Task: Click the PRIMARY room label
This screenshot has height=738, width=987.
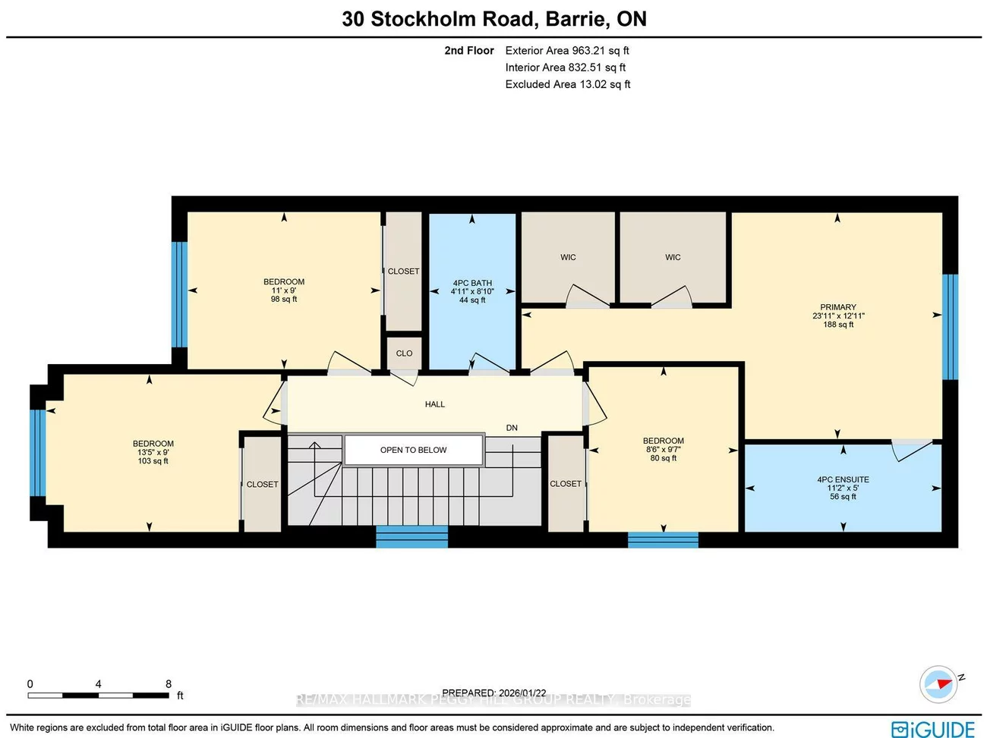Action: coord(838,307)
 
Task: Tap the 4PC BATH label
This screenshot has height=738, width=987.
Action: coord(472,283)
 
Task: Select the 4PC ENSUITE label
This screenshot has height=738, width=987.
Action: coord(843,479)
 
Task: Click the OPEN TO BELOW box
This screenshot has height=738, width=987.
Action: coord(414,450)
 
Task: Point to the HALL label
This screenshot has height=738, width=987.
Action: coord(435,404)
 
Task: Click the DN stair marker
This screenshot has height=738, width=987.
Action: coord(512,428)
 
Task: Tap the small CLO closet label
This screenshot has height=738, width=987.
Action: coord(404,353)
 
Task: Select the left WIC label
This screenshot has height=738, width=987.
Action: coord(568,257)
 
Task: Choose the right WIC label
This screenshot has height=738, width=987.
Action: coord(673,257)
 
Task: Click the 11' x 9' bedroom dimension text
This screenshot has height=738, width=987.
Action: coord(284,290)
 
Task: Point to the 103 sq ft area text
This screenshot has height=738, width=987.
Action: coord(153,461)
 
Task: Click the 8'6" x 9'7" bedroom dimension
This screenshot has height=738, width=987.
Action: coord(664,449)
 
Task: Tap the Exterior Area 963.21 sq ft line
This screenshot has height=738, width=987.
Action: coord(567,51)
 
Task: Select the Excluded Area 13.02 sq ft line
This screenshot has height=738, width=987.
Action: coord(568,84)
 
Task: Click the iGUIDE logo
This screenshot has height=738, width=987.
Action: coord(933,729)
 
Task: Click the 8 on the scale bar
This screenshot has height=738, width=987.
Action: coord(169,683)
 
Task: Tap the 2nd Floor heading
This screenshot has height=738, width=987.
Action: coord(469,51)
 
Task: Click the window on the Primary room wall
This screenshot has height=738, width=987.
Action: coord(950,326)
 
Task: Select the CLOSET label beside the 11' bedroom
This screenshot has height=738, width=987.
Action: coord(403,271)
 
